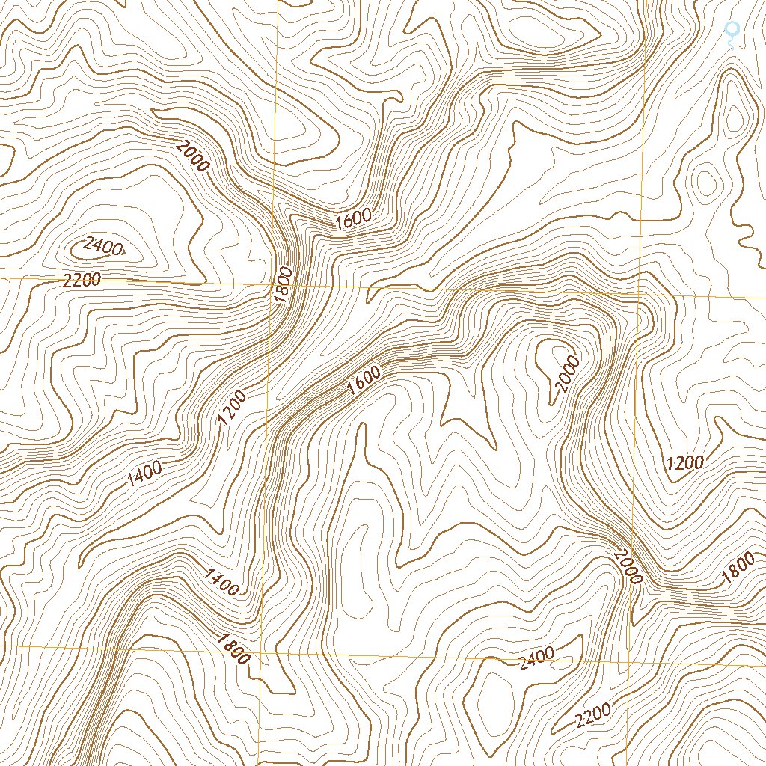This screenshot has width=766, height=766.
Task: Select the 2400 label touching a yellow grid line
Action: [x=536, y=657]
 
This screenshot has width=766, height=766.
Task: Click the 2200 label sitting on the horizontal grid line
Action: [x=82, y=281]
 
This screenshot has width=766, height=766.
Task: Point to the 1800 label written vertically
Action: [x=282, y=284]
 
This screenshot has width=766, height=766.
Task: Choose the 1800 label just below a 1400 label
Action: [x=233, y=649]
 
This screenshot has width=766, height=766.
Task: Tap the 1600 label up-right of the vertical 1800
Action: [x=353, y=219]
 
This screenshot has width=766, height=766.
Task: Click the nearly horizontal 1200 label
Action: [x=685, y=462]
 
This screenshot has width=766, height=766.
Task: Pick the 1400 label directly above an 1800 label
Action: [x=221, y=581]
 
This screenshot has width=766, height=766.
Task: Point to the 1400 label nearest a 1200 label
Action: [x=145, y=472]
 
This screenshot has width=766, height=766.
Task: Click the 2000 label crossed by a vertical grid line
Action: [x=628, y=566]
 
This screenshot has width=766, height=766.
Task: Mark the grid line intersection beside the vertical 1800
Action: [x=272, y=285]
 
